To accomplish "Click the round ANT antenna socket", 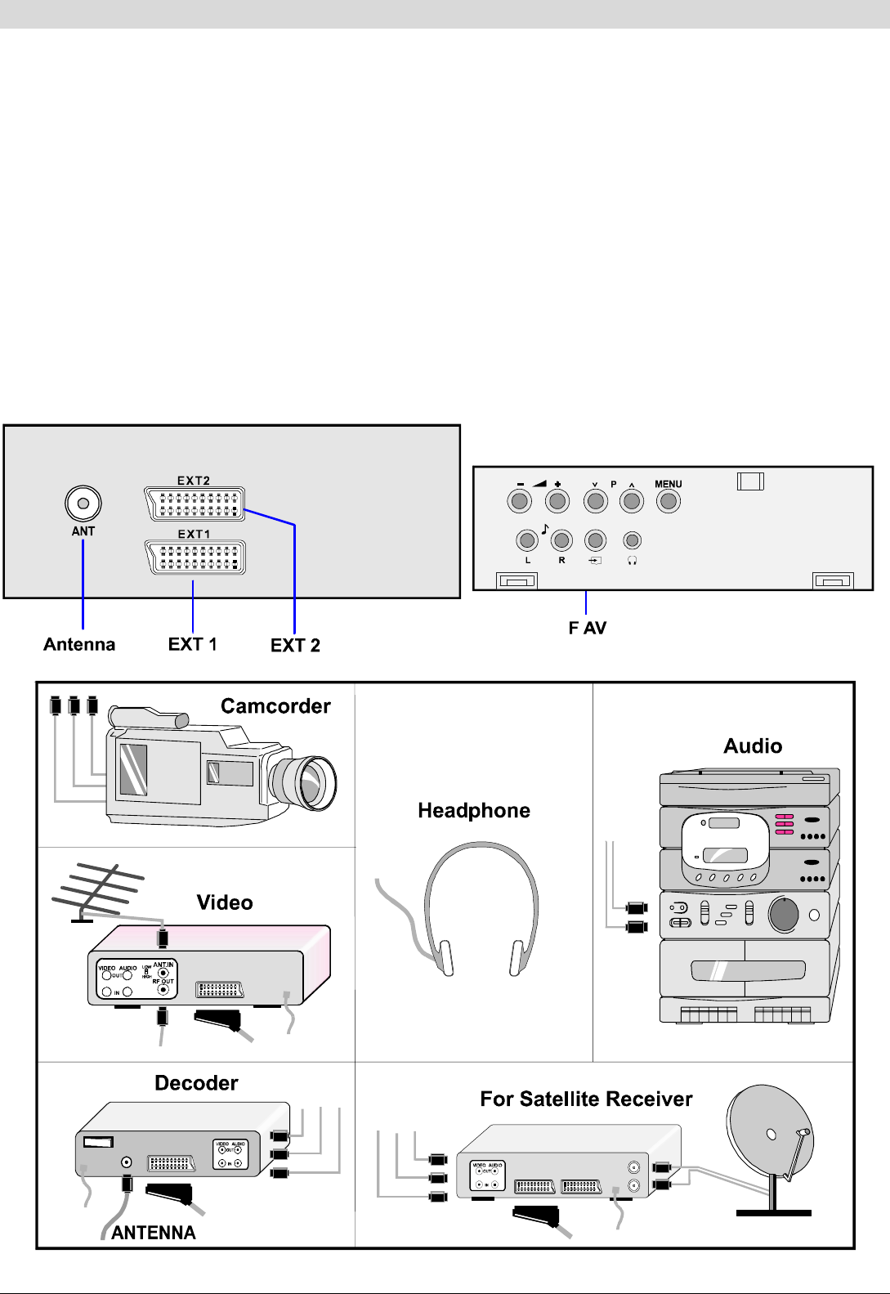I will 83,504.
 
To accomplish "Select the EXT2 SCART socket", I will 195,504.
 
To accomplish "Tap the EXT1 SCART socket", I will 195,557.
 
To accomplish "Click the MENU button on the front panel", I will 669,501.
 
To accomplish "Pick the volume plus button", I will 557,501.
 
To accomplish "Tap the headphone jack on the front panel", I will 632,540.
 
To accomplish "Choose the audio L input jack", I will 527,540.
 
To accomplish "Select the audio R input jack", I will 561,540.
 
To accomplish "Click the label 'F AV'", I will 588,628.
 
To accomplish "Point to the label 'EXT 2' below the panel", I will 295,646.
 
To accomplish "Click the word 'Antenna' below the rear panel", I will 79,644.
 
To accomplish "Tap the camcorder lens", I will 306,781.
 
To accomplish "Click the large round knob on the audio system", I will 783,914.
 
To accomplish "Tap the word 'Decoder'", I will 196,1083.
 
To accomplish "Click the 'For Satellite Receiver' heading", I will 586,1099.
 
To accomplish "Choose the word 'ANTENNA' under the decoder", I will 154,1233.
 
